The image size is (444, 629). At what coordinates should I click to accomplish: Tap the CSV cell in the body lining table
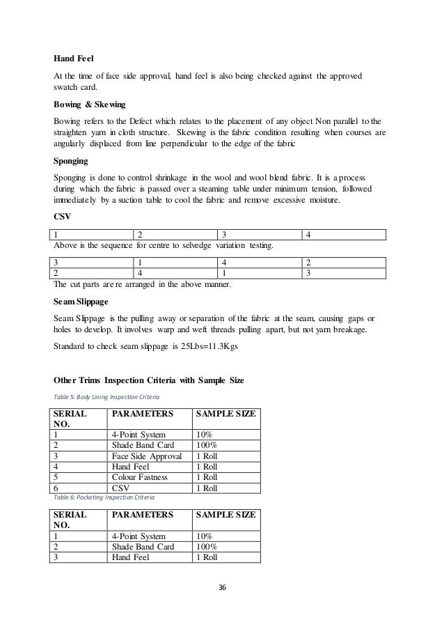(x=121, y=488)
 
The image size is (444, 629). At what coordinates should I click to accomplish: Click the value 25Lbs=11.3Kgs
(x=227, y=345)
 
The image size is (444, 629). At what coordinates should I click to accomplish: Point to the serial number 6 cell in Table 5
(x=56, y=488)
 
